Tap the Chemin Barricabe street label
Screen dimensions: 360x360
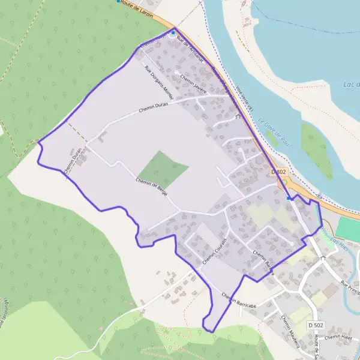coord(238,298)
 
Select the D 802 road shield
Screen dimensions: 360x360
coord(279,172)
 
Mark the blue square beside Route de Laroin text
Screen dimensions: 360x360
coord(118,1)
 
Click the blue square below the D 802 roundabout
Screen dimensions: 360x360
coord(289,198)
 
